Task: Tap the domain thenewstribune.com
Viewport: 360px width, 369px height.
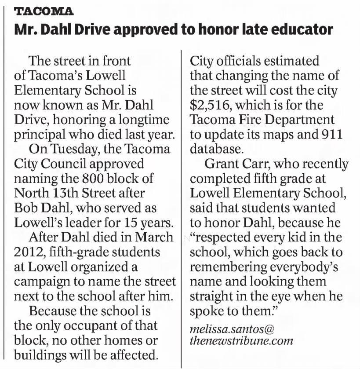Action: (241, 341)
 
